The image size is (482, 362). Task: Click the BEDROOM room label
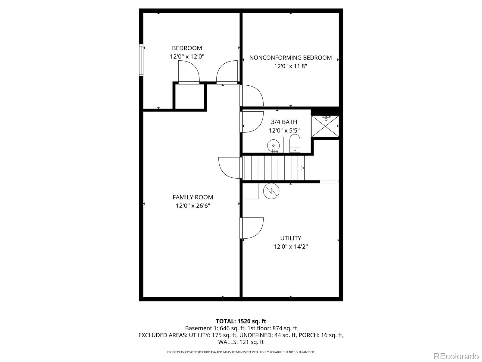coord(187,48)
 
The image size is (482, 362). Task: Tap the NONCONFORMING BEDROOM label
coord(290,58)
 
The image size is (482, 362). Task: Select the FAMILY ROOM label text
coord(193,197)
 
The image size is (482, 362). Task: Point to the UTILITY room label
coord(290,238)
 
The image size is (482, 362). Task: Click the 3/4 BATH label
coord(284,122)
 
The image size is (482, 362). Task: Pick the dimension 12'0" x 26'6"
coord(193,206)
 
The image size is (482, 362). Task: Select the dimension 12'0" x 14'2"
coord(290,246)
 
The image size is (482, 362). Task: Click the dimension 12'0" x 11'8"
coord(290,66)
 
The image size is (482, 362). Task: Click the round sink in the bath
coord(273,145)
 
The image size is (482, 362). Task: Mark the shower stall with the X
coord(325,126)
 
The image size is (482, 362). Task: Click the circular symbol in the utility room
coord(271,191)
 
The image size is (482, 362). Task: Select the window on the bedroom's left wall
coord(141,60)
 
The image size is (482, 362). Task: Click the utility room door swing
coord(252,228)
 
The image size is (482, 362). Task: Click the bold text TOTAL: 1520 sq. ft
coord(241,321)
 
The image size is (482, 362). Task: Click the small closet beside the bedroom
coord(189,96)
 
